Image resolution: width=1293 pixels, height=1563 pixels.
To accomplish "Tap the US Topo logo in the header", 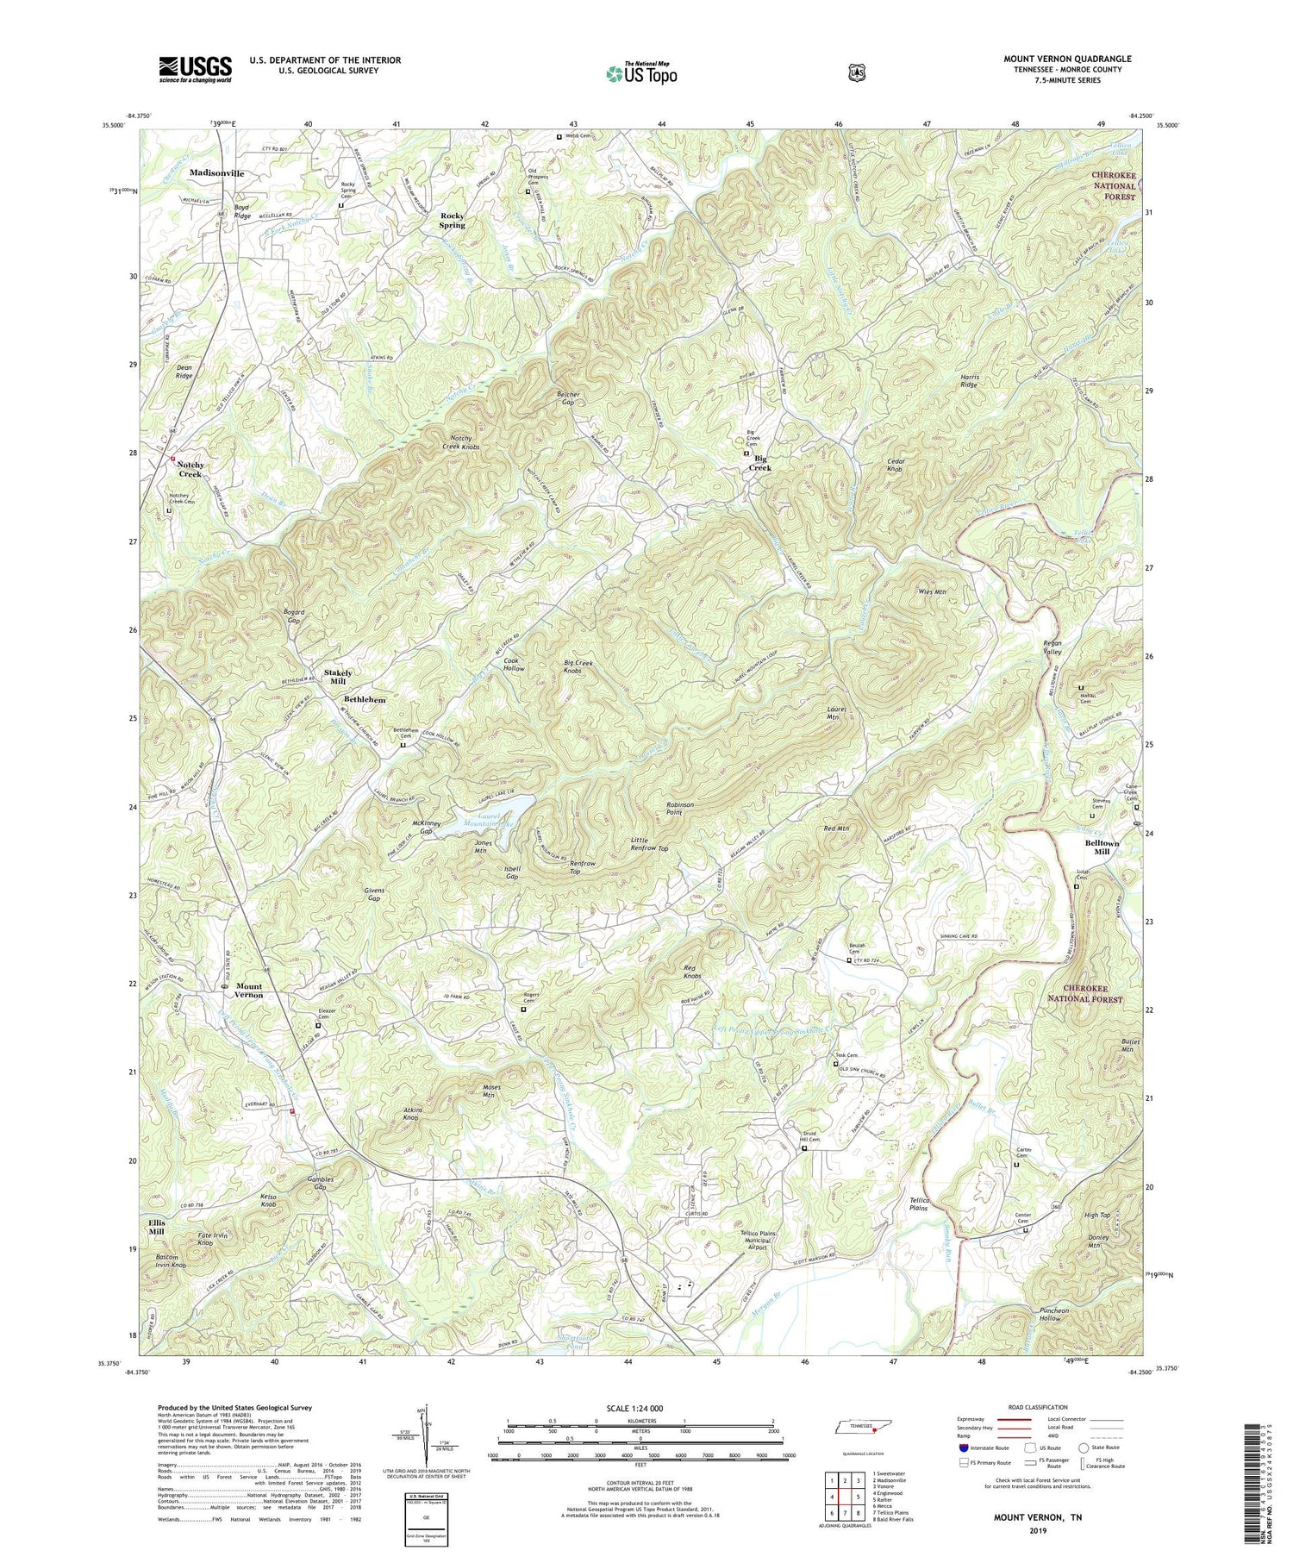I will coord(641,73).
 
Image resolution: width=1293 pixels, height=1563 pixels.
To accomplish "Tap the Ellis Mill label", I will coord(156,1227).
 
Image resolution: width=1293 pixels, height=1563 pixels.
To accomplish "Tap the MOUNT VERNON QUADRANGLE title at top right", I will coord(1067,59).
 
